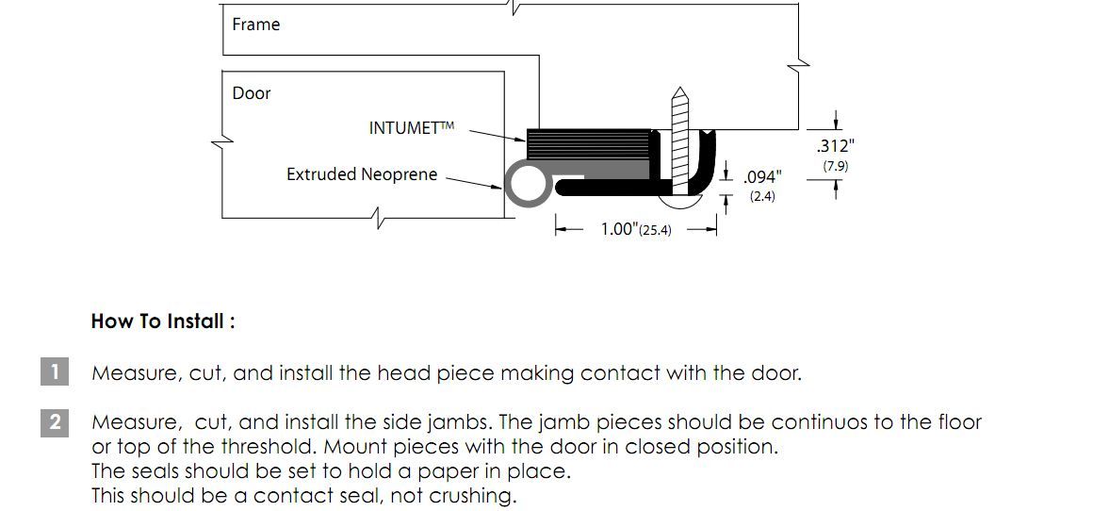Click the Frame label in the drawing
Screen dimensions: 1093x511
click(256, 25)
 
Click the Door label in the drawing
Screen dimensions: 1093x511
click(251, 93)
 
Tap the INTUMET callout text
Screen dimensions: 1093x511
click(411, 128)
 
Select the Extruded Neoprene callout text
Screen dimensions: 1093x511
click(362, 174)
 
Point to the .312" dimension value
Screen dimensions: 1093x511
click(835, 146)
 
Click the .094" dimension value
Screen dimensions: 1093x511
click(762, 177)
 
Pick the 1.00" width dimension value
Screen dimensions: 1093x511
click(620, 229)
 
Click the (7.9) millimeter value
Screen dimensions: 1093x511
click(835, 167)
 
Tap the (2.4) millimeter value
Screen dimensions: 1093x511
click(762, 197)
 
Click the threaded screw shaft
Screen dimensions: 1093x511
click(679, 140)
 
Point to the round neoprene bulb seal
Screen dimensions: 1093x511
click(527, 183)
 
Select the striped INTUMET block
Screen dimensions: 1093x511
click(589, 144)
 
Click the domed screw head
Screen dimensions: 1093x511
click(680, 202)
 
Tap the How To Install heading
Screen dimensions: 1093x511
click(163, 321)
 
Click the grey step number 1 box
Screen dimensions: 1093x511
click(55, 371)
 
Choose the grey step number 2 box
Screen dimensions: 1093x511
click(55, 421)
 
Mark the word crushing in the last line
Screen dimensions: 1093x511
click(474, 496)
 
